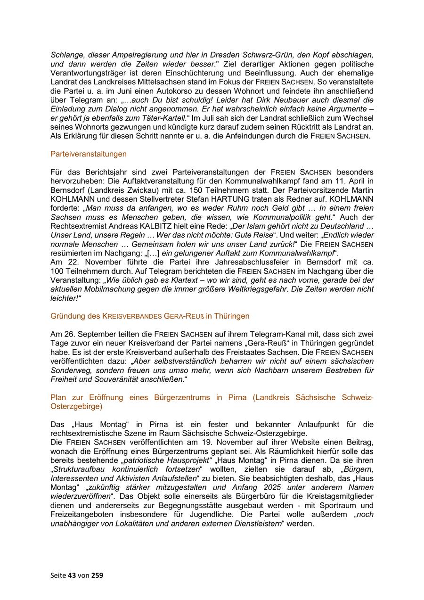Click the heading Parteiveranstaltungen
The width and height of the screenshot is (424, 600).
tap(88, 154)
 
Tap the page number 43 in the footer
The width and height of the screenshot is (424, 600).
tap(72, 575)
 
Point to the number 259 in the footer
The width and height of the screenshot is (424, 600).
tap(97, 575)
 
